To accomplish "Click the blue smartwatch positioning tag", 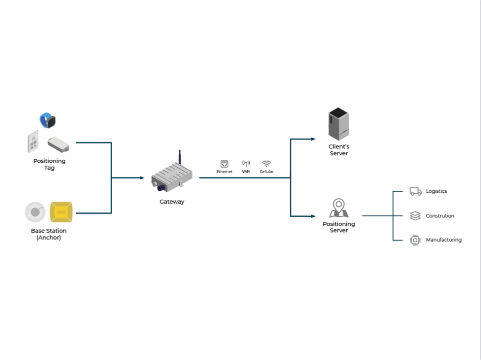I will (48, 120).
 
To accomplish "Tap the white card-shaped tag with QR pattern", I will (33, 142).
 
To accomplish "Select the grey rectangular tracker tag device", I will (58, 144).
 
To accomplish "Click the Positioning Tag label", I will (49, 164).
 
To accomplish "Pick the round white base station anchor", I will (35, 212).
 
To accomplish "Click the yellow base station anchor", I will (61, 212).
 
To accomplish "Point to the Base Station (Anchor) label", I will (49, 234).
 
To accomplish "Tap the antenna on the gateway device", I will (179, 156).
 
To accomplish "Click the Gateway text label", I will (172, 202).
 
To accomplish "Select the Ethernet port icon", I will (224, 164).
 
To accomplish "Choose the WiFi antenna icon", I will (246, 164).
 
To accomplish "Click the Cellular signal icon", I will (266, 164).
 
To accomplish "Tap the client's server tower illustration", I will (338, 124).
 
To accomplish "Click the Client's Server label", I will (339, 150).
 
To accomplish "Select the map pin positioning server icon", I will (339, 207).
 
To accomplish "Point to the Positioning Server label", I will (339, 227).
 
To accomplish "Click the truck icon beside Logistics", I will (415, 191).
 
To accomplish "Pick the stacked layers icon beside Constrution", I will (415, 216).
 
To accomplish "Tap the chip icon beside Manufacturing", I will (415, 240).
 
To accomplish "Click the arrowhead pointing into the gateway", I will (142, 178).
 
